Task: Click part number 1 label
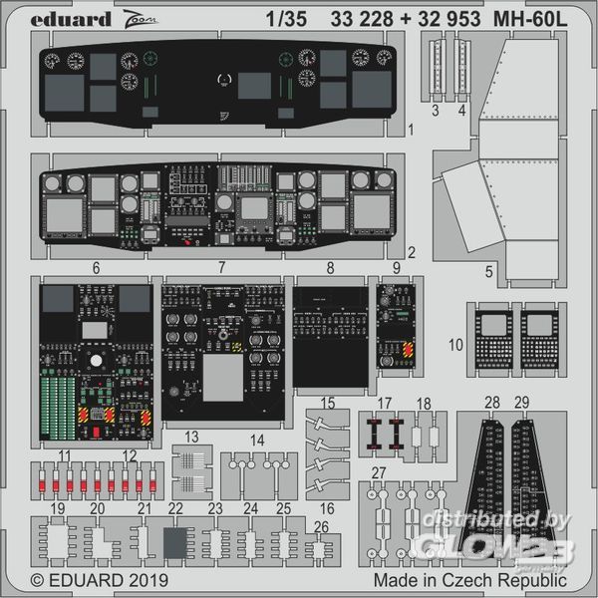tap(412, 131)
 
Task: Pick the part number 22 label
tap(175, 508)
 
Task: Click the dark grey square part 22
tap(175, 544)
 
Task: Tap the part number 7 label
tap(222, 269)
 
